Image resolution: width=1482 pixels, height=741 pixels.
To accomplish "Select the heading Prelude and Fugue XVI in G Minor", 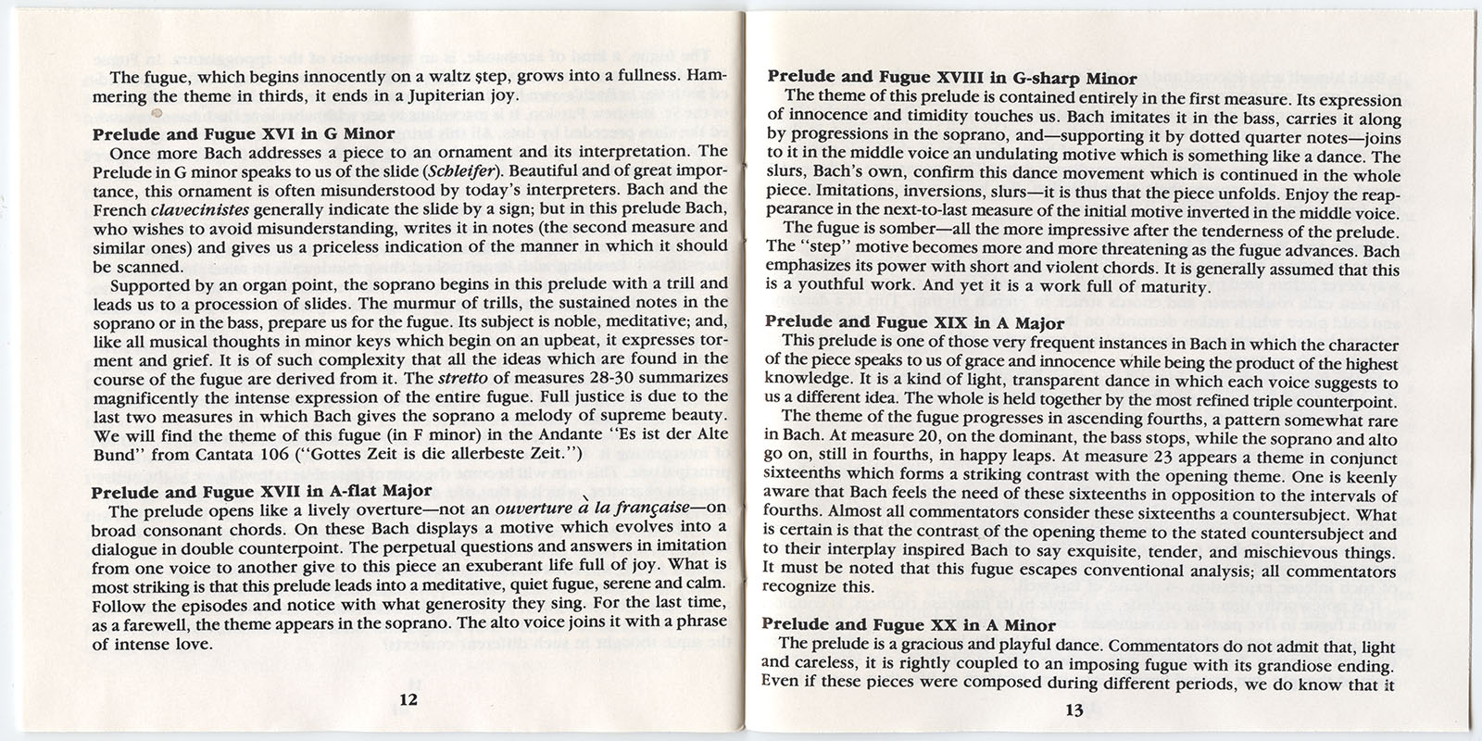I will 244,133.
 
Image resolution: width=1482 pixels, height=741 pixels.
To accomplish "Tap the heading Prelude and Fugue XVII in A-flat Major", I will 261,492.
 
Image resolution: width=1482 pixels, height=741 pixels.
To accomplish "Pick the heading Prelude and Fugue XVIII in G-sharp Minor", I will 951,79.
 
